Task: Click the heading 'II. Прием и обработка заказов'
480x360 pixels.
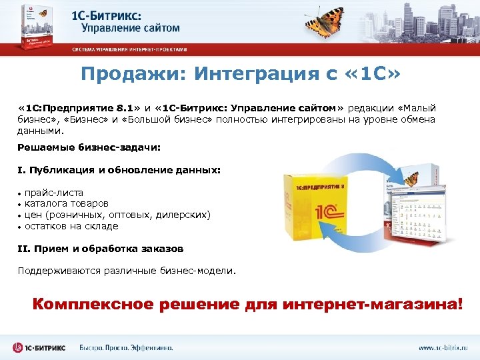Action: pyautogui.click(x=100, y=249)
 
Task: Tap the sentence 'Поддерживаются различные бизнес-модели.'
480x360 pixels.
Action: pyautogui.click(x=127, y=271)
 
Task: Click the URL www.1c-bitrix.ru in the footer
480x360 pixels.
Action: pyautogui.click(x=443, y=347)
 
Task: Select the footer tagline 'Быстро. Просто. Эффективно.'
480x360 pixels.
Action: pyautogui.click(x=126, y=347)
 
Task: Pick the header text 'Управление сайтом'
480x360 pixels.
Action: pyautogui.click(x=131, y=28)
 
